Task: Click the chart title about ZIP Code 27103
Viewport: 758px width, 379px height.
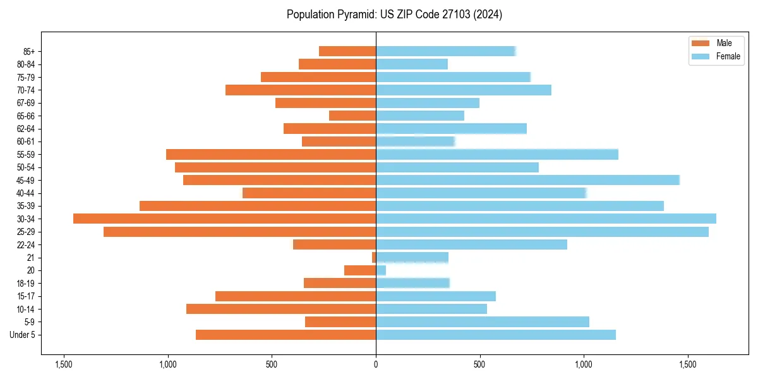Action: pos(394,15)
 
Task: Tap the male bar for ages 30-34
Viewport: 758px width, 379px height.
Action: pos(224,219)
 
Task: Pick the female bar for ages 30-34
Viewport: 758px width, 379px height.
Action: pos(546,219)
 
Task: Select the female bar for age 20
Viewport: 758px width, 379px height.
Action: pos(381,270)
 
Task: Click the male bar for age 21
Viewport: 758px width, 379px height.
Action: pos(374,257)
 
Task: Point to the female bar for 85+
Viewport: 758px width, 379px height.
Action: pos(445,51)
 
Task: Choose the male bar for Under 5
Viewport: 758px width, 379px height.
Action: pos(286,335)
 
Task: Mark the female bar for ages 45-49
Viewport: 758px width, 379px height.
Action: pos(527,180)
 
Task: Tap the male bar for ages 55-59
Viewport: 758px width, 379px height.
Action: pos(271,154)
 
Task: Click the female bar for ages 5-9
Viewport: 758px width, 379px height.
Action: pos(482,322)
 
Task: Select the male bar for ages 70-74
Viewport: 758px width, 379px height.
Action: pos(301,90)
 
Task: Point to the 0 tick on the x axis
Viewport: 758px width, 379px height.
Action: pos(376,364)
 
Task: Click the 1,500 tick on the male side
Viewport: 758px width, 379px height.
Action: pos(63,364)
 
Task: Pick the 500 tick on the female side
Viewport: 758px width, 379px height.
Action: pos(480,364)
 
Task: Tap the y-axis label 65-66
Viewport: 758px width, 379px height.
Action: pos(26,116)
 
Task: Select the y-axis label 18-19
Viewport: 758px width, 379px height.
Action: pos(26,283)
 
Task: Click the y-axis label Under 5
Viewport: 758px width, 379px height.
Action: pos(23,335)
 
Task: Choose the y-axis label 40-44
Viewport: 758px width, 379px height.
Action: pos(26,193)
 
